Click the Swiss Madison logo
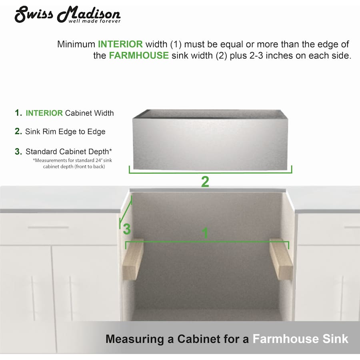point(68,14)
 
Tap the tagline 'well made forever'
point(94,21)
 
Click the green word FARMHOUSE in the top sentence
point(139,56)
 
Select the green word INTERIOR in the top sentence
point(120,44)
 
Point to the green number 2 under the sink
point(205,182)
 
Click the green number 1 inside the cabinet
point(205,233)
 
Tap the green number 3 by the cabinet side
point(127,229)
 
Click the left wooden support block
point(132,260)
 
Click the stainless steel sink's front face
point(210,144)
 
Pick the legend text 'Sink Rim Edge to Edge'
point(65,132)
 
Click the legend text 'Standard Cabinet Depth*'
point(69,152)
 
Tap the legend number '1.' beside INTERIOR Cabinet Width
point(18,113)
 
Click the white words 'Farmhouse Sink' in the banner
point(300,339)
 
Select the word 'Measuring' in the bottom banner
point(134,339)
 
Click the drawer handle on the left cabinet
point(48,228)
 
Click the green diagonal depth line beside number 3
point(126,212)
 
